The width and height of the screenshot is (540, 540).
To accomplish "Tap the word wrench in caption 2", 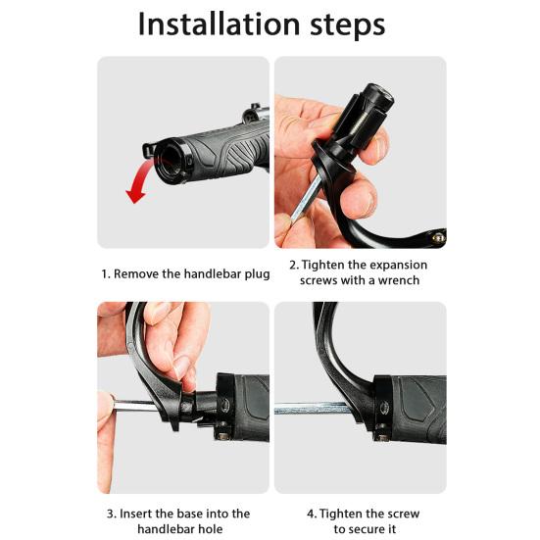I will (x=397, y=280).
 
